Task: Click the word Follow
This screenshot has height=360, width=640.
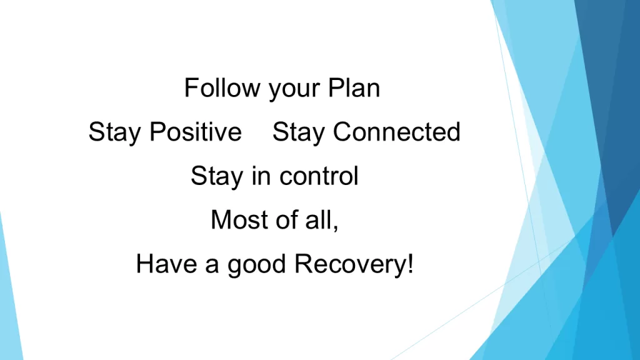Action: tap(222, 87)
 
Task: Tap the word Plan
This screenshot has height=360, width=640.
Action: tap(354, 87)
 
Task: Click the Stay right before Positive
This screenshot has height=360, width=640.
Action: tap(114, 132)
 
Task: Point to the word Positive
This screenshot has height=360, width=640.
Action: tap(196, 131)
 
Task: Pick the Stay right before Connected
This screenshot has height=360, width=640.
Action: tap(298, 132)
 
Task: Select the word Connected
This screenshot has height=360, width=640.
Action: tap(397, 131)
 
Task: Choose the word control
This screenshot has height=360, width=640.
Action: tap(319, 176)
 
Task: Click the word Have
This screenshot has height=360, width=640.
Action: tap(166, 264)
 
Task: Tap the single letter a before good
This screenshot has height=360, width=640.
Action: tap(212, 266)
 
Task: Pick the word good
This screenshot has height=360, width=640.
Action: tap(256, 265)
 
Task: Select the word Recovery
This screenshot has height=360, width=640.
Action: tap(350, 265)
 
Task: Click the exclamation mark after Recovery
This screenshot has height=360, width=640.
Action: tap(410, 264)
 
